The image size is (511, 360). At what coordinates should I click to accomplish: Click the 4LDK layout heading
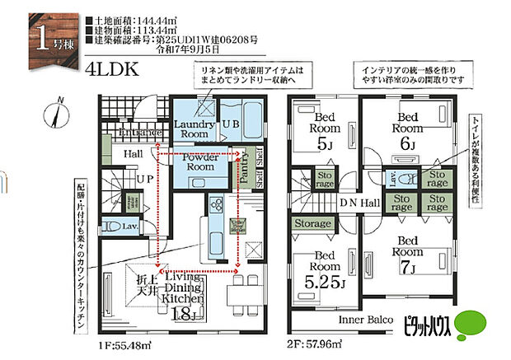click(x=109, y=70)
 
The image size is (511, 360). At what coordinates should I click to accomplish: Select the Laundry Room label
click(x=195, y=129)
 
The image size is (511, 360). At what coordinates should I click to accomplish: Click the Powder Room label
click(x=200, y=161)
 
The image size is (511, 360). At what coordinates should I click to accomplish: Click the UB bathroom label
click(x=231, y=124)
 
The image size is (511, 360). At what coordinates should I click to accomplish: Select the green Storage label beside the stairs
click(x=313, y=224)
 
